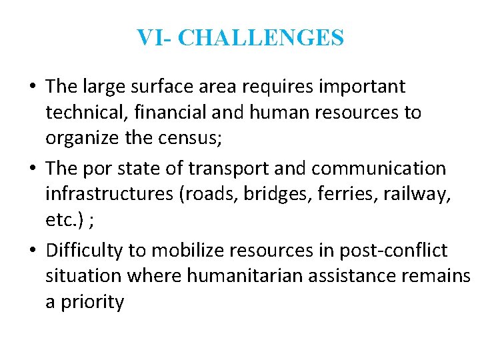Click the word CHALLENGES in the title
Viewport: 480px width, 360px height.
[x=261, y=38]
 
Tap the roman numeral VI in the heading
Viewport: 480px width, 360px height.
[x=147, y=38]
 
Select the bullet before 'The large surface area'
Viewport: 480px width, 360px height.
[x=33, y=87]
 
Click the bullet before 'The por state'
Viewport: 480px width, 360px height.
[x=33, y=169]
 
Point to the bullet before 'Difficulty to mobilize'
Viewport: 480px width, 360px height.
[x=33, y=251]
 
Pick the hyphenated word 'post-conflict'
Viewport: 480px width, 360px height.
[x=393, y=251]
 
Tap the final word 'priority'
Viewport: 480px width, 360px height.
[x=93, y=302]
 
